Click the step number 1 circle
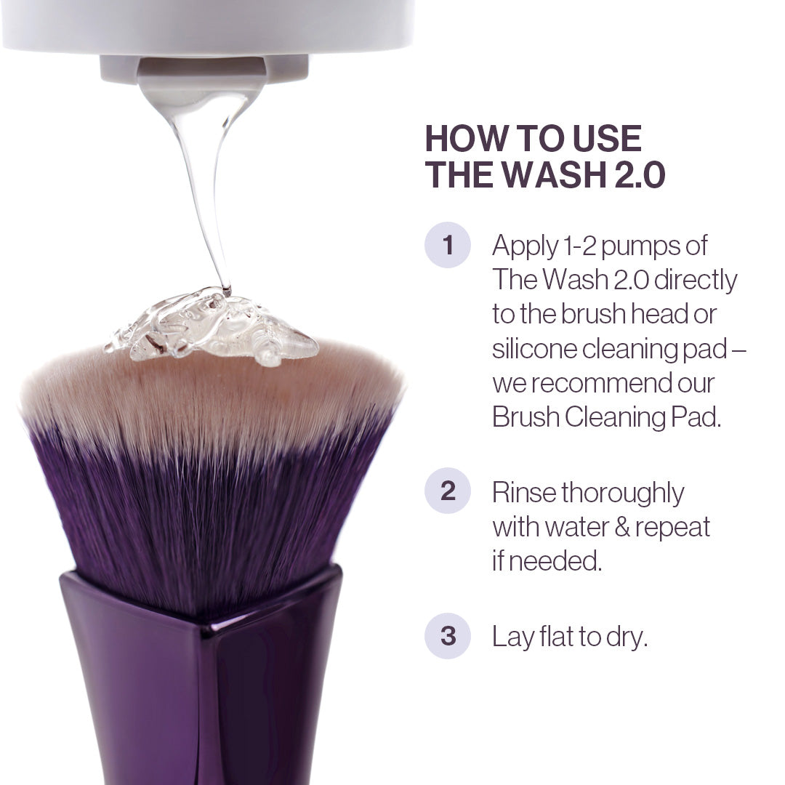448,246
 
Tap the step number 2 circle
448,491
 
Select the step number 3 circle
448,636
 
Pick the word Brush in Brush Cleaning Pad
526,416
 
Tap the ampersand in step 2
621,527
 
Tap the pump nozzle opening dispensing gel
201,68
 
